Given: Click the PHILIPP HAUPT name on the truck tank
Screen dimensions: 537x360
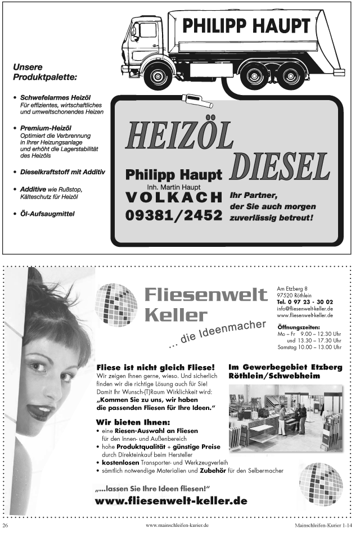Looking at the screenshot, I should (x=246, y=26).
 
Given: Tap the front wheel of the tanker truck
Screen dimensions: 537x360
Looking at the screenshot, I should (x=157, y=75).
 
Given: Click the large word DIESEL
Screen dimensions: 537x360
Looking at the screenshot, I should (x=280, y=167).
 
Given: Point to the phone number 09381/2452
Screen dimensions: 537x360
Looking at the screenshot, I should (x=174, y=215).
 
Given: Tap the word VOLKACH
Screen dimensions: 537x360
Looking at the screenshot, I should (x=174, y=197).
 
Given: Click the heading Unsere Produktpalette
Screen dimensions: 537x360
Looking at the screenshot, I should (x=44, y=71).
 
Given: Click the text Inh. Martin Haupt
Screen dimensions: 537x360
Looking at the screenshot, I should (x=174, y=187).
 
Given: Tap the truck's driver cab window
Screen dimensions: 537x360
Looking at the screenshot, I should (x=148, y=30).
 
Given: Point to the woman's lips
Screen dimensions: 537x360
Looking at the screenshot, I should (x=40, y=412).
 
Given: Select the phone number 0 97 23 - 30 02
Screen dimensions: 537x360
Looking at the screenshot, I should (x=305, y=302).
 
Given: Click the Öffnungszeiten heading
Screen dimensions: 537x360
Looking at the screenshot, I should (x=299, y=327).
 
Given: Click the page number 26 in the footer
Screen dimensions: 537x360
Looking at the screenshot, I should (x=6, y=526).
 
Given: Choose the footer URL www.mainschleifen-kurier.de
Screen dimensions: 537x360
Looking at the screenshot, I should (x=177, y=526).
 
